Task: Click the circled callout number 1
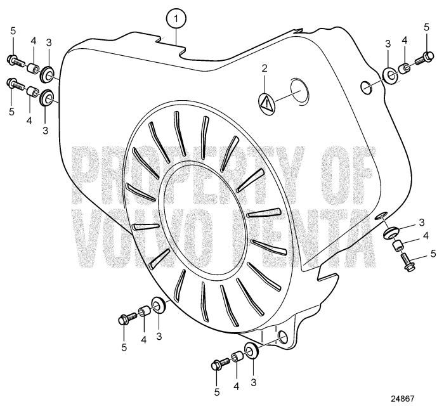click(176, 19)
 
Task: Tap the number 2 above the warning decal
click(264, 68)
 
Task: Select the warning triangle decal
click(266, 101)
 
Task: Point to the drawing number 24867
click(402, 399)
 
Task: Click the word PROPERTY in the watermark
click(188, 176)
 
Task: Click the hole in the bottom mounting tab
click(282, 336)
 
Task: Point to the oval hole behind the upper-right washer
click(366, 87)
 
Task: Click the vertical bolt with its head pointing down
click(407, 262)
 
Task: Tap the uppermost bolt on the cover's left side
click(15, 61)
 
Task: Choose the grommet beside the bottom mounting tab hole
click(251, 351)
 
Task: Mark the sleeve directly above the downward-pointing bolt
click(396, 245)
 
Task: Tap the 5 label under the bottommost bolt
click(217, 392)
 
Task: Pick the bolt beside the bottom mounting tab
click(220, 364)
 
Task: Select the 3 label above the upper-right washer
click(388, 44)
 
